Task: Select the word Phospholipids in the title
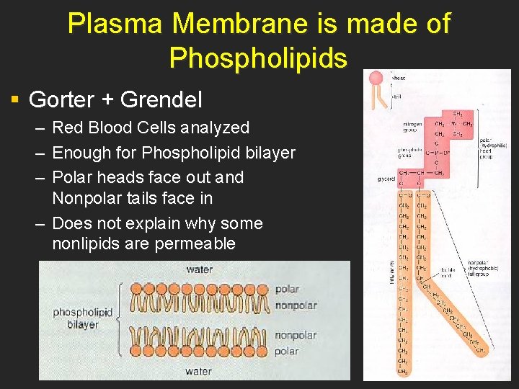(x=258, y=58)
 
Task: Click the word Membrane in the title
(x=234, y=24)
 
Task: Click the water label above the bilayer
(x=199, y=269)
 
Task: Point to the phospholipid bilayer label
(x=82, y=318)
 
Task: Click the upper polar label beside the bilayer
(x=288, y=289)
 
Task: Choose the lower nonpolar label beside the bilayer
(x=296, y=335)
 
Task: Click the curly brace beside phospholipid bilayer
(x=118, y=318)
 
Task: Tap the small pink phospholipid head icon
(x=376, y=79)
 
